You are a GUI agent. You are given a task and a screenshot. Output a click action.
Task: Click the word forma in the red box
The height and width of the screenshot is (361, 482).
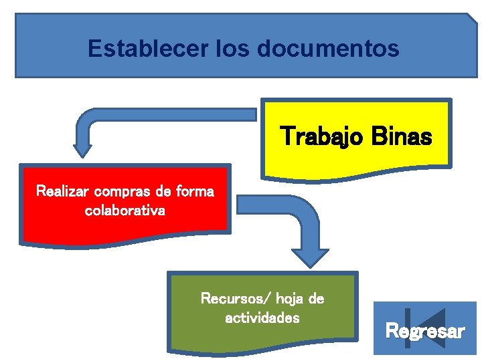pos(193,192)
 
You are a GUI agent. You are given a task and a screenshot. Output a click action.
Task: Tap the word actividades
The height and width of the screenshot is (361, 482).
pos(262,318)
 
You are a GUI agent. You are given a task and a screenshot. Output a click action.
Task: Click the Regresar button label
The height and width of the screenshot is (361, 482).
pos(425,331)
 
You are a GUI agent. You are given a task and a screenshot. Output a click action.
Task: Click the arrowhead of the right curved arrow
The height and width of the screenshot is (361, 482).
pos(310,258)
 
